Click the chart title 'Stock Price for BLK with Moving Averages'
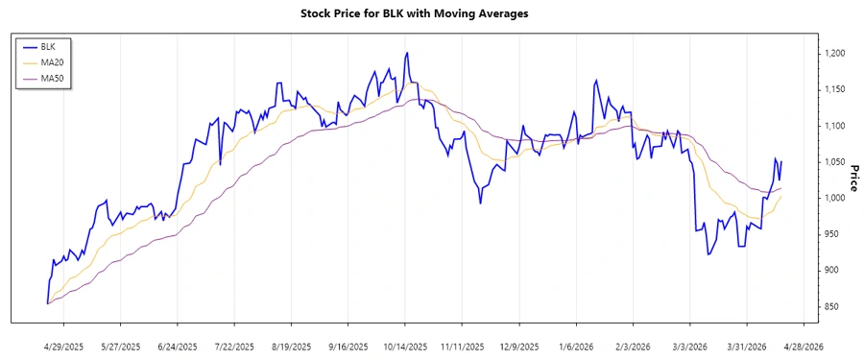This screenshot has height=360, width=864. point(427,14)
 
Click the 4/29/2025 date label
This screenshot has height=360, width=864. point(63,346)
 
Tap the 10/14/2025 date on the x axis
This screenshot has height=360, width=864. point(406,346)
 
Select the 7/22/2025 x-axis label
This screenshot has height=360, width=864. point(234,346)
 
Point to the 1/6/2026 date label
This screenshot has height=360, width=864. point(576,346)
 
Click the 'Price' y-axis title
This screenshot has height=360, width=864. point(852,180)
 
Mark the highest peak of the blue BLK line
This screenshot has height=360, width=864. point(406,53)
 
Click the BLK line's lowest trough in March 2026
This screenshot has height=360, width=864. point(708,254)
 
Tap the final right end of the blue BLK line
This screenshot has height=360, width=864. point(781,162)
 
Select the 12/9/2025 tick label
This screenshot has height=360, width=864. point(520,346)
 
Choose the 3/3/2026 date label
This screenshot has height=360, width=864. point(690,346)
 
